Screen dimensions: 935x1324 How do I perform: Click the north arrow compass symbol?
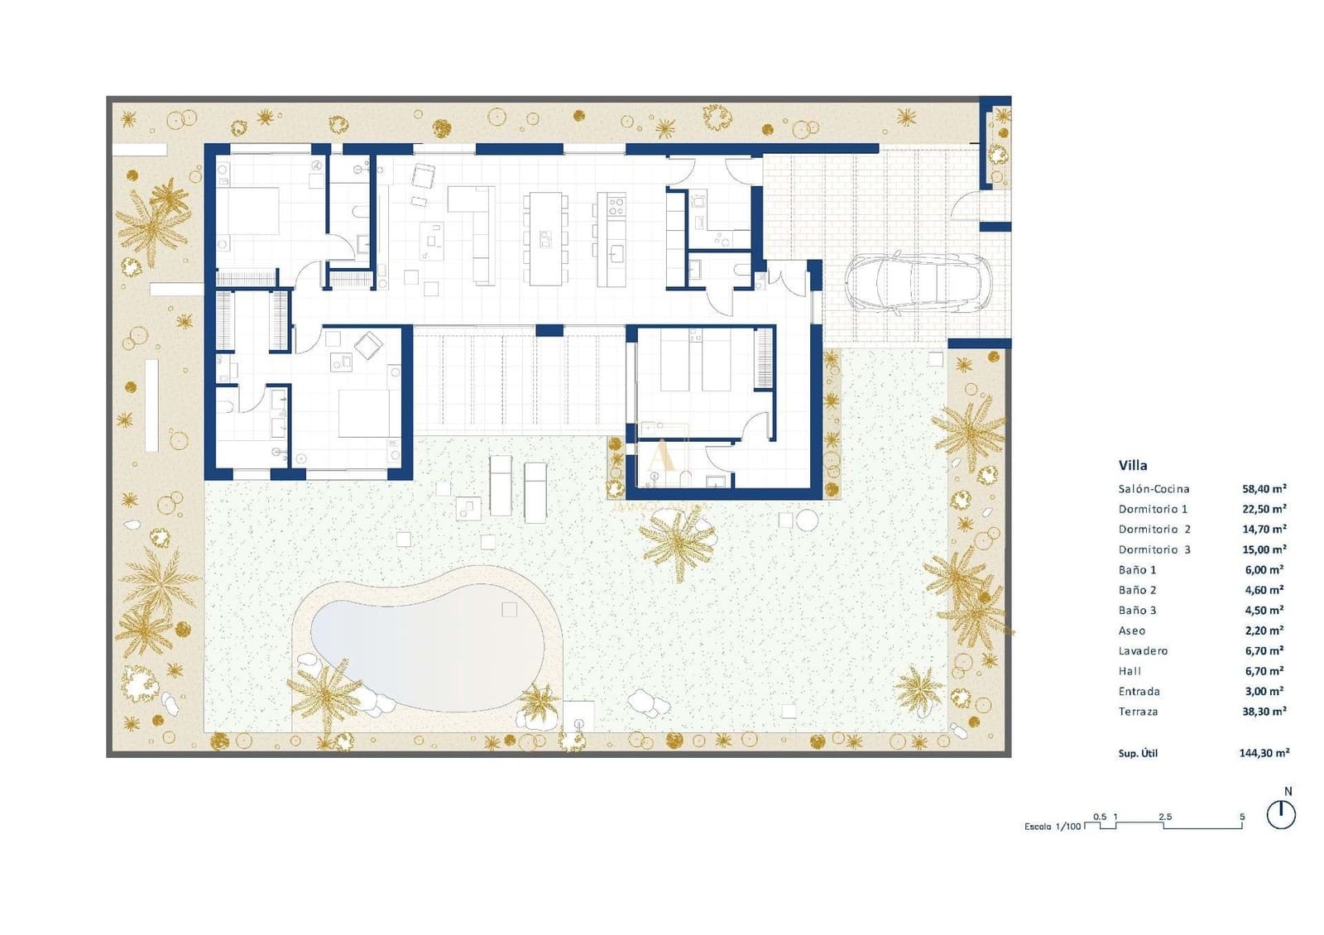(x=1281, y=815)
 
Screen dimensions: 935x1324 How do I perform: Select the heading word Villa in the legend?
(x=1133, y=465)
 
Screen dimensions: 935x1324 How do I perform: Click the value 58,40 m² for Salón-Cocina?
(x=1264, y=489)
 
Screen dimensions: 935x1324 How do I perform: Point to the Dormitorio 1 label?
(x=1153, y=509)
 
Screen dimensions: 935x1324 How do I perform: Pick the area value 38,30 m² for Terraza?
(x=1264, y=712)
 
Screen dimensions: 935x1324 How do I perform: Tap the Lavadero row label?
(x=1143, y=651)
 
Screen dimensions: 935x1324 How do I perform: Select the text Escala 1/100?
(x=1052, y=827)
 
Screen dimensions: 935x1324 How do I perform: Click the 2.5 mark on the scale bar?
(x=1164, y=818)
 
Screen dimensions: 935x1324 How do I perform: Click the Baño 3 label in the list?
(x=1137, y=611)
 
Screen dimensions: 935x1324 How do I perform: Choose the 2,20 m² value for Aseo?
(x=1264, y=631)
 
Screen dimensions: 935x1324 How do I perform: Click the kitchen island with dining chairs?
(x=545, y=238)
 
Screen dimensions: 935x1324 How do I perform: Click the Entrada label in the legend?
(x=1139, y=692)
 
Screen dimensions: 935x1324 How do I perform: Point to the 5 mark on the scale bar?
(x=1241, y=818)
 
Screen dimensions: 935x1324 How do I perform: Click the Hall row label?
(x=1130, y=671)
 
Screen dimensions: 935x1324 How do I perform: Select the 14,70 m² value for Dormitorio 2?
(x=1264, y=530)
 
